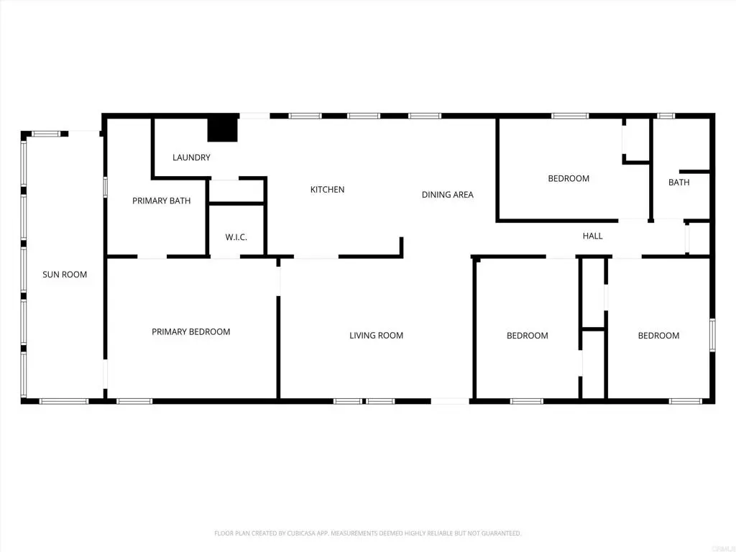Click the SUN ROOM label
(65, 275)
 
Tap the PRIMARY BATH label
(161, 201)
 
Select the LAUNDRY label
(191, 157)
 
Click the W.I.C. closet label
(236, 237)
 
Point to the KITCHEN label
(327, 190)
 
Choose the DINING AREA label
(447, 195)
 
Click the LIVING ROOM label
(376, 336)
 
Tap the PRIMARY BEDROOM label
(190, 332)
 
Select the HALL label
(592, 236)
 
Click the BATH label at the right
(678, 183)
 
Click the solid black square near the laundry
(222, 129)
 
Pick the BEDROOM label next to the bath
(569, 179)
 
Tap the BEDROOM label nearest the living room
(527, 336)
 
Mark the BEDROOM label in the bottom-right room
(658, 336)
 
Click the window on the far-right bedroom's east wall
(712, 336)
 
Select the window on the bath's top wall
(666, 116)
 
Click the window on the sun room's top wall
(46, 134)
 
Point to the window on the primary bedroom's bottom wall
(134, 401)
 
